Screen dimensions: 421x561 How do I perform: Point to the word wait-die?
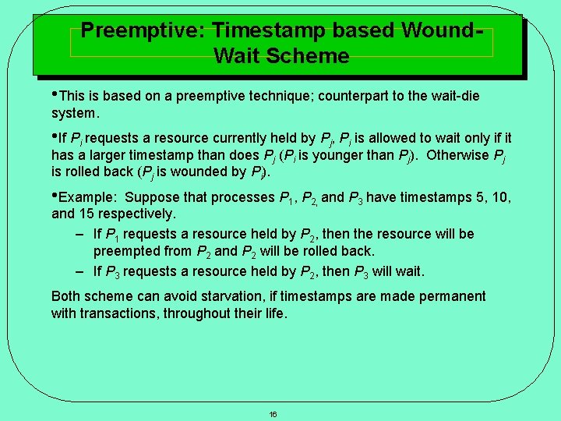click(451, 96)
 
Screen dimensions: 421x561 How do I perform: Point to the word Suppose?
click(152, 197)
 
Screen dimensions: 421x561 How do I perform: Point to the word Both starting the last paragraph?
click(66, 296)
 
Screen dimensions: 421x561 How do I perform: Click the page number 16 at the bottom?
click(273, 414)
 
